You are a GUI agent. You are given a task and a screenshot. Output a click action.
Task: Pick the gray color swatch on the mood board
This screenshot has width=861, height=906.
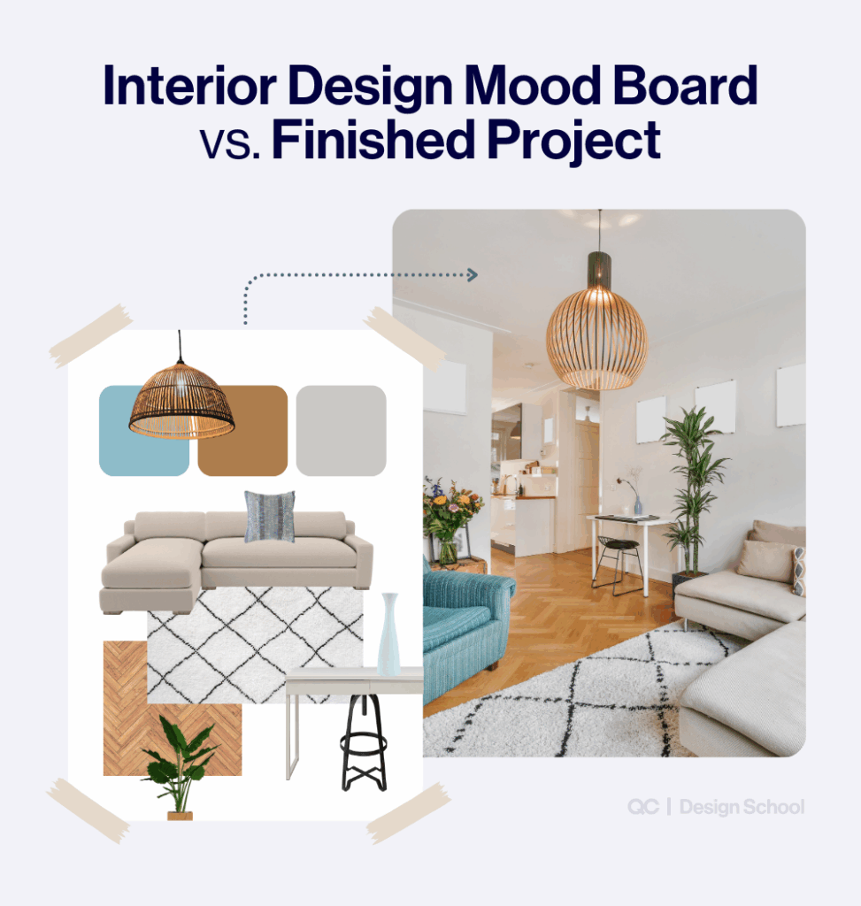point(341,431)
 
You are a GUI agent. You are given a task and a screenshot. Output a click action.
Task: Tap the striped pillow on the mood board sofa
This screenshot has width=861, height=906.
point(269,517)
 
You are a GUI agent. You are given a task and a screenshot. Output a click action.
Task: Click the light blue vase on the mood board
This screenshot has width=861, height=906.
point(388,633)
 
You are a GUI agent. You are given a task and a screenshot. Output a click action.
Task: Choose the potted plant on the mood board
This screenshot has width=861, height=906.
point(180,766)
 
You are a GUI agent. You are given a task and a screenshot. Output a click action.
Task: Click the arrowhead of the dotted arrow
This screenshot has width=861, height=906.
point(473,275)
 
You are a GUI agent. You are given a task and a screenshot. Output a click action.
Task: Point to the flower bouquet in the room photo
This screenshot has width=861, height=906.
point(451,513)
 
